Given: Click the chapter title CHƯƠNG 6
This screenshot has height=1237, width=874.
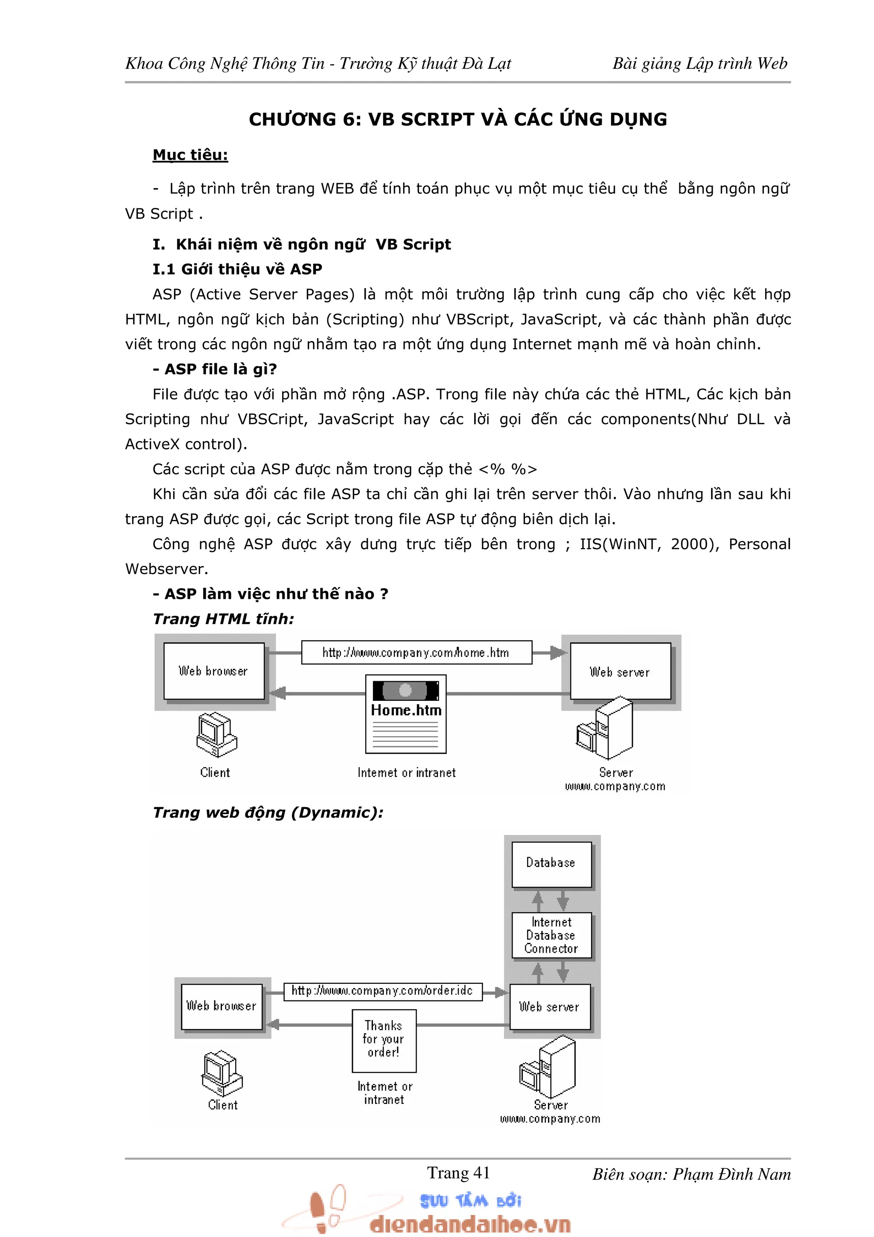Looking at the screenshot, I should tap(458, 119).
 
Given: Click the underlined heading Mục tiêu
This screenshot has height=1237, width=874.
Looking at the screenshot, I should tap(190, 155).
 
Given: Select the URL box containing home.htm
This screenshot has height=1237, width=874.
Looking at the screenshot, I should tap(416, 653).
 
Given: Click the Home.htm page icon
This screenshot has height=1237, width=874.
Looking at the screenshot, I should tap(406, 714).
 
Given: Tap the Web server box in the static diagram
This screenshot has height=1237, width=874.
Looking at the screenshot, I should tap(621, 672).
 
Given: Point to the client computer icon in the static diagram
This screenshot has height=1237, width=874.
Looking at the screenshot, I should tap(216, 735).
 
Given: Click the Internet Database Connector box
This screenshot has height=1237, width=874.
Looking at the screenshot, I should tap(551, 935).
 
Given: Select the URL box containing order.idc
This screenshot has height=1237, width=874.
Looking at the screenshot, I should tap(382, 991).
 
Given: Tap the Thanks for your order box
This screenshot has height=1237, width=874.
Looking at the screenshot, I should tap(384, 1039).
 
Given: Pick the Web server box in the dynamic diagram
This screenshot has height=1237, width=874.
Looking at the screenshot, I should tap(550, 1007).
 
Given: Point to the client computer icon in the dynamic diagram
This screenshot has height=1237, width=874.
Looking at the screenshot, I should tap(222, 1074).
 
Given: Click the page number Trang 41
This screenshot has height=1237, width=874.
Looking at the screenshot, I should tap(458, 1173).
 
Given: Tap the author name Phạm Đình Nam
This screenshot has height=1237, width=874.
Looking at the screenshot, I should tap(732, 1175).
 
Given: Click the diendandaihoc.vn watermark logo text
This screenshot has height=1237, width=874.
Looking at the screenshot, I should tap(469, 1225).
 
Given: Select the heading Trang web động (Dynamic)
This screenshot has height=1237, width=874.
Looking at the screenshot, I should tap(268, 812).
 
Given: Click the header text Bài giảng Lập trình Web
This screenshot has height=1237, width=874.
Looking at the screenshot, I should tap(699, 64).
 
